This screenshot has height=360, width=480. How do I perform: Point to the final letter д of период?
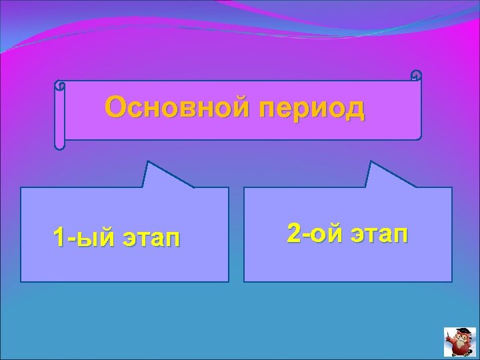(x=356, y=109)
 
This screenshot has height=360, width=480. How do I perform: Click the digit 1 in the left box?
(x=59, y=237)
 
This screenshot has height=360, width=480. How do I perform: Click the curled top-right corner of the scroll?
(x=416, y=75)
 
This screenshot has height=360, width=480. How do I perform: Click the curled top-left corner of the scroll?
(x=59, y=85)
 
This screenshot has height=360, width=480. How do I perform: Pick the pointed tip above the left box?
(x=149, y=163)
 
